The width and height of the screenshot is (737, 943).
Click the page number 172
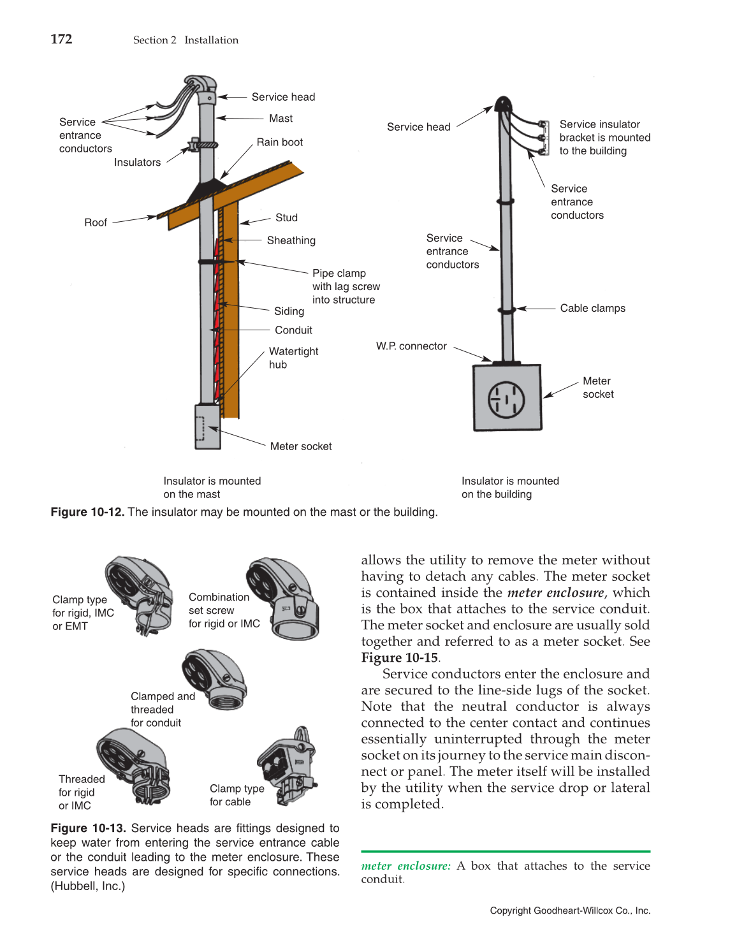coord(61,39)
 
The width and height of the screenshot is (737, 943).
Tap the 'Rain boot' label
coord(279,142)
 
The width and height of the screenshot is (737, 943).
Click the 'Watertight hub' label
coord(293,358)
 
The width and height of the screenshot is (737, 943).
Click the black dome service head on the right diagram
coord(503,104)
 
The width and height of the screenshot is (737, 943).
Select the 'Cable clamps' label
coord(592,309)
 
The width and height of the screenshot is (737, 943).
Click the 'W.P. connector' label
coord(411,346)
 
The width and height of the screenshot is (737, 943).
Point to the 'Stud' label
coord(286,218)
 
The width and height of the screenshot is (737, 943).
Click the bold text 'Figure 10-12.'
coord(87,512)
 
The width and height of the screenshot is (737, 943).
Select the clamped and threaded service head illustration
coord(215,680)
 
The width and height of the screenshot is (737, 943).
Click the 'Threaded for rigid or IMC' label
coord(80,793)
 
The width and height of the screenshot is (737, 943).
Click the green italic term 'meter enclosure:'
coord(405,866)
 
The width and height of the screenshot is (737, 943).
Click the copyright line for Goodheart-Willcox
coord(570,910)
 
